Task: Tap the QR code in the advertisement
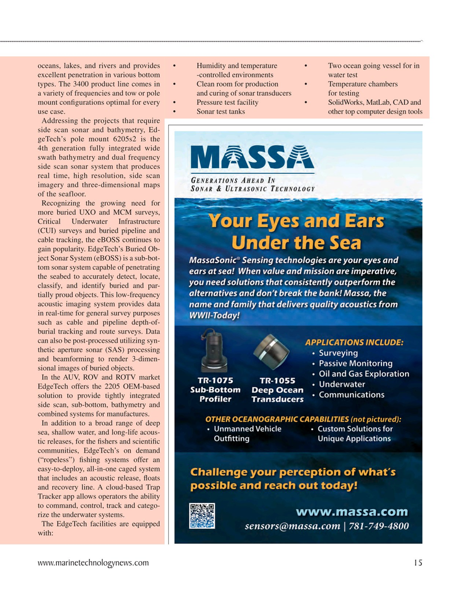pos(202,516)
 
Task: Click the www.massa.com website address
pos(352,512)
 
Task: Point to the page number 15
pos(418,563)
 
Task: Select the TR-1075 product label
pos(216,380)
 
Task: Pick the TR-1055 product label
pos(278,380)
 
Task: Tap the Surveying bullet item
pos(338,353)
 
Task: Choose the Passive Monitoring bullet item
pos(356,363)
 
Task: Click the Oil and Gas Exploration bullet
pos(364,373)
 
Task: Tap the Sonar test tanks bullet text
pos(221,112)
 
